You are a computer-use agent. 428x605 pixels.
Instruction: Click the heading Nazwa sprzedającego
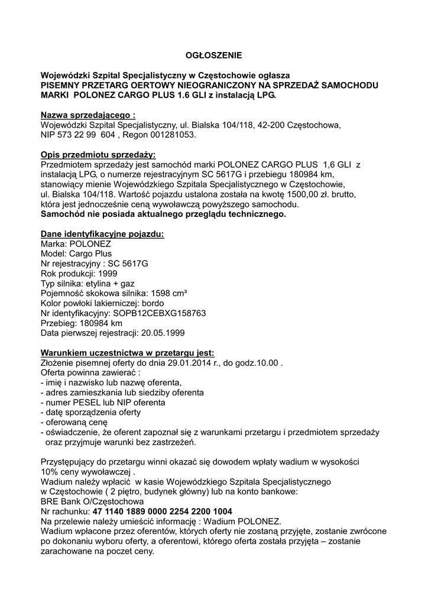(x=87, y=115)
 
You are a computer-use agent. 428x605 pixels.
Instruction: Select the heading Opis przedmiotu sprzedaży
(x=98, y=154)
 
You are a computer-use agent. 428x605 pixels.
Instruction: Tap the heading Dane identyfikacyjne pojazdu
(x=102, y=234)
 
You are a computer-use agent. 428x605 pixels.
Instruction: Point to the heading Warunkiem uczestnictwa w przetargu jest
(x=123, y=353)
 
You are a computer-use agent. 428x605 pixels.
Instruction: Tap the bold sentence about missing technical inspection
(x=163, y=214)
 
